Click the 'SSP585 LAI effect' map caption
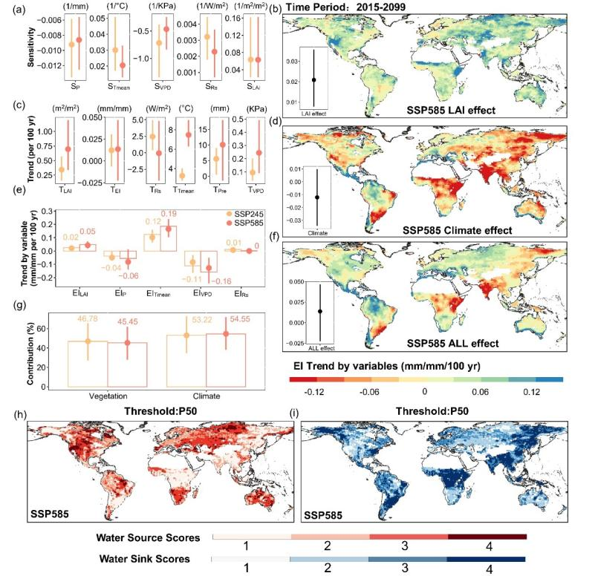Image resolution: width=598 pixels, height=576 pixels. click(455, 111)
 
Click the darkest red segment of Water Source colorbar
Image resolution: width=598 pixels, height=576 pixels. click(487, 536)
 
